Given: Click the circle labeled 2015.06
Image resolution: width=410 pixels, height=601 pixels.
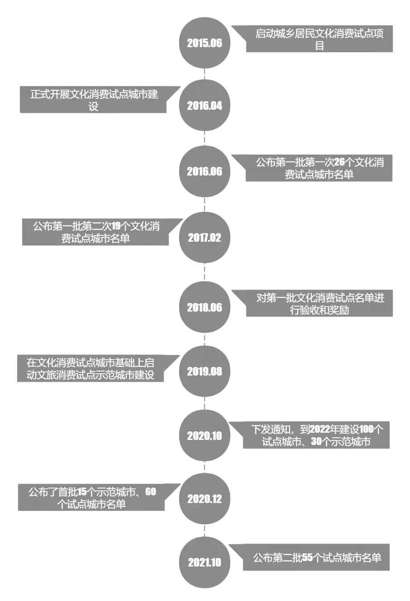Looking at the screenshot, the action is (x=205, y=43).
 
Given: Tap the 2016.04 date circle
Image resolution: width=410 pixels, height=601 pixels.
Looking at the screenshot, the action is (x=205, y=105).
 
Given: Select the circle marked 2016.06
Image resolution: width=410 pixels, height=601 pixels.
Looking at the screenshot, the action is (x=205, y=171).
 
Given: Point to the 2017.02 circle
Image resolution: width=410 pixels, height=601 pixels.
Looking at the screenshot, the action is (x=205, y=237).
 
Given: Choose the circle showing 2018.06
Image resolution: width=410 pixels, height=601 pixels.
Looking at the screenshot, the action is (x=205, y=307).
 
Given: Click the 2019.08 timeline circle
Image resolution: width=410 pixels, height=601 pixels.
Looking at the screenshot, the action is (x=205, y=371).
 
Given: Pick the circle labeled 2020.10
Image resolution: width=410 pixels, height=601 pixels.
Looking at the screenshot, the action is (x=205, y=436).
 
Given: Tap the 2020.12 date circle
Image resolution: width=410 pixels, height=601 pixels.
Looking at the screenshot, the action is (x=205, y=499).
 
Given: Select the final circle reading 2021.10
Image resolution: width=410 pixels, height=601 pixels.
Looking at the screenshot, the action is (x=205, y=562).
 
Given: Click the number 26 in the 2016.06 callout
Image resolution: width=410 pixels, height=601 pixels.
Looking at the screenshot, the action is (x=339, y=162).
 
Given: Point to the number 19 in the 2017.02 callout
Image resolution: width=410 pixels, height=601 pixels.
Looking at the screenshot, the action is (x=116, y=226).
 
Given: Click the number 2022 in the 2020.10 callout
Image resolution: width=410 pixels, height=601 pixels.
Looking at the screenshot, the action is (x=320, y=429).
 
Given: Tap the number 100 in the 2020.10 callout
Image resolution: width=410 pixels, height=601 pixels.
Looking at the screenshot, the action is (x=366, y=429).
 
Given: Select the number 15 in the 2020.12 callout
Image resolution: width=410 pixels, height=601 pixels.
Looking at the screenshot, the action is (x=82, y=492).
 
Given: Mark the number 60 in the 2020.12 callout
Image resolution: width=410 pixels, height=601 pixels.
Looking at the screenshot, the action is (x=151, y=492).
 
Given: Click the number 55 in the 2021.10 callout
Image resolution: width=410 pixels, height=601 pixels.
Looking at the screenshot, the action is (x=307, y=558).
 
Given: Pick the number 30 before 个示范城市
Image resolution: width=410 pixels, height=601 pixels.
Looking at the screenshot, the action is (x=317, y=441).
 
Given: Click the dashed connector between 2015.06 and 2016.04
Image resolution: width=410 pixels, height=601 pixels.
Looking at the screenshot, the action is (x=205, y=74).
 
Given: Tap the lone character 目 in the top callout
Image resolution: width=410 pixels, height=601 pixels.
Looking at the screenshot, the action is (x=319, y=46).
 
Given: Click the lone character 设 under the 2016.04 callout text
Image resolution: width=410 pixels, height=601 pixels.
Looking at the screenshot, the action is (x=93, y=107).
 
